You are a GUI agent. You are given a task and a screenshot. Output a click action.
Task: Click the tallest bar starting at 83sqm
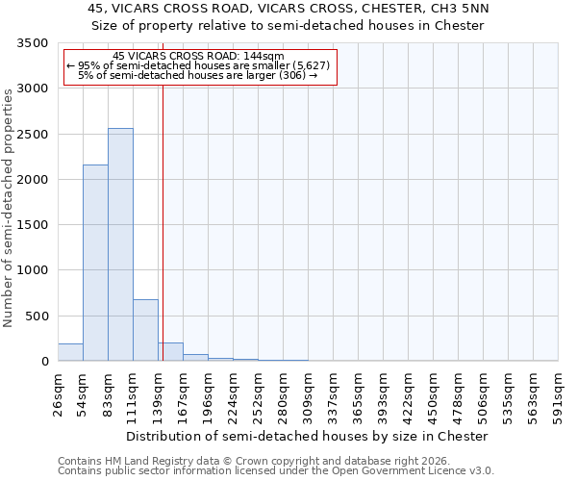pos(120,244)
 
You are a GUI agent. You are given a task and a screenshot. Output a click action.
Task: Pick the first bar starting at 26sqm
pos(70,352)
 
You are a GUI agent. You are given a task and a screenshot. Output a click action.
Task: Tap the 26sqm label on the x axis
pos(59,394)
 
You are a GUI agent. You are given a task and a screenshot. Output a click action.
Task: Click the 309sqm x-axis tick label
pos(309,394)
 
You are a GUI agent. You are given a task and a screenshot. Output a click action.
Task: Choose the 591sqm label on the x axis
pos(559,394)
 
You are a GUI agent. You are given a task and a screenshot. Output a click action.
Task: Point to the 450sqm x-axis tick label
pos(434,394)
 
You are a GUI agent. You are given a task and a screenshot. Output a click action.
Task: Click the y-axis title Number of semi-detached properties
pos(9,208)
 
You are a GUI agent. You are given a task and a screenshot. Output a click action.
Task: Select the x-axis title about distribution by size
pos(308,436)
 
